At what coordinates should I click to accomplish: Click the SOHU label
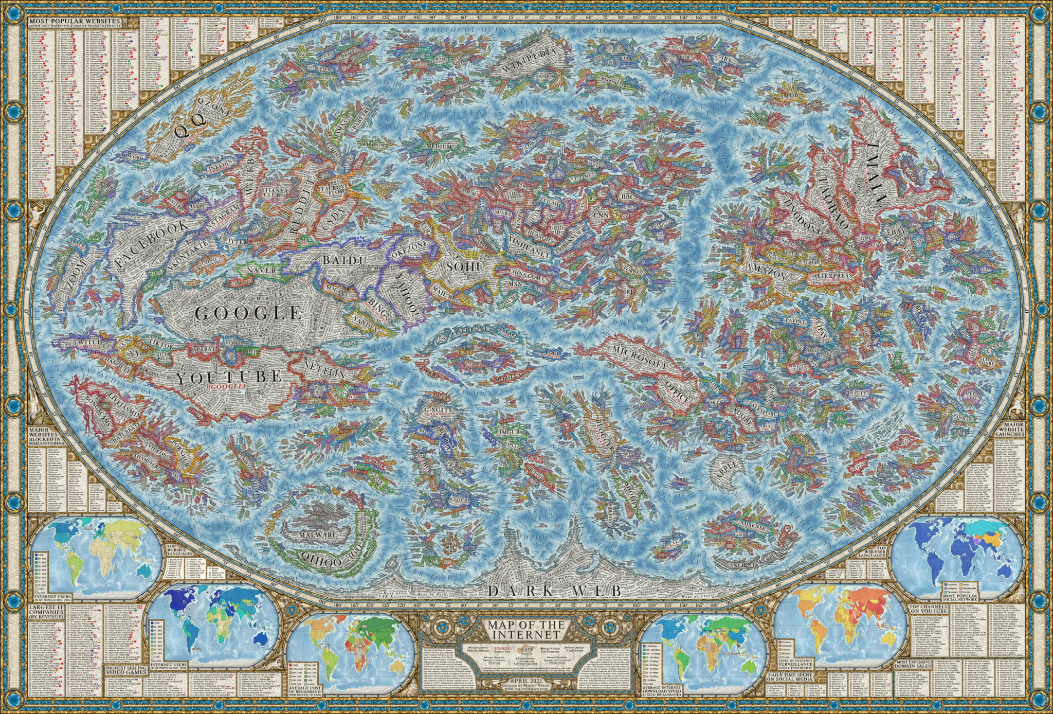coord(465,267)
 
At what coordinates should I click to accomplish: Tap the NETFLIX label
coord(324,368)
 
